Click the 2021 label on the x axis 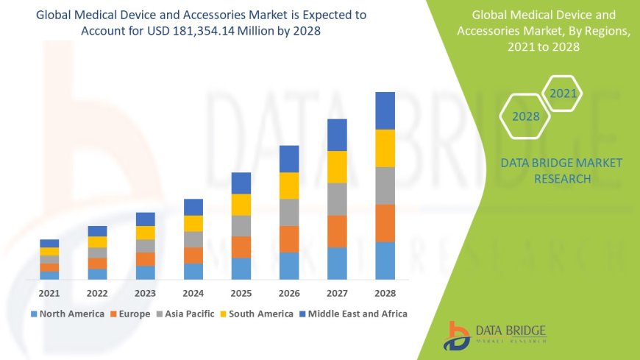[x=49, y=293]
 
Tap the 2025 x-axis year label [x=241, y=293]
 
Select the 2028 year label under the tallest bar [x=385, y=293]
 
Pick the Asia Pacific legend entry [x=185, y=314]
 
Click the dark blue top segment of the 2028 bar [x=385, y=110]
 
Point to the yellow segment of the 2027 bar [x=337, y=166]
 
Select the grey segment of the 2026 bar [x=289, y=212]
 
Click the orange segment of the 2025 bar [x=241, y=247]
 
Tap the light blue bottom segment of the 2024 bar [x=193, y=271]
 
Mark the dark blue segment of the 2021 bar [x=49, y=243]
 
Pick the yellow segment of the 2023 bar [x=146, y=233]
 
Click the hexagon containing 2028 [x=525, y=116]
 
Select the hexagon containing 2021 [x=563, y=93]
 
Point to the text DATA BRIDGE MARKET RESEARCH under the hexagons [x=561, y=171]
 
